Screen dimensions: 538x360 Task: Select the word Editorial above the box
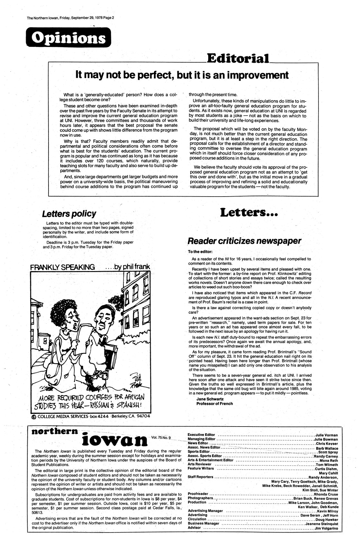click(x=238, y=58)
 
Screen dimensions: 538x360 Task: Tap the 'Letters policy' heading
click(x=69, y=214)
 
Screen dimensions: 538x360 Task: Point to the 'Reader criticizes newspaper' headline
click(x=244, y=241)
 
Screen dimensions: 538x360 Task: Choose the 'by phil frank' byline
click(x=128, y=267)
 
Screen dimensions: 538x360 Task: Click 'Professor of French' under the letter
click(x=215, y=403)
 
